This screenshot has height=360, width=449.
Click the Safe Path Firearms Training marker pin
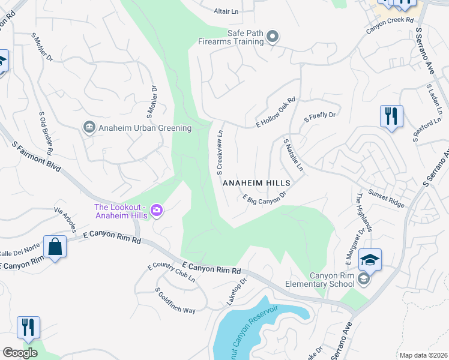(273, 37)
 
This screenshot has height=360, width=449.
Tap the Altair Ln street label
(226, 11)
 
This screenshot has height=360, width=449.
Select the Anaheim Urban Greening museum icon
(89, 127)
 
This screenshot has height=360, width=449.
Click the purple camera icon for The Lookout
(157, 209)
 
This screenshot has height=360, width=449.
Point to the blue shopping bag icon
(55, 247)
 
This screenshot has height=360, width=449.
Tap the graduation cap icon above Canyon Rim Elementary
(370, 260)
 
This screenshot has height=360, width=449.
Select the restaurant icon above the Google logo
(28, 328)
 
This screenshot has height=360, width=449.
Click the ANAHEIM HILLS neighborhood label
(256, 183)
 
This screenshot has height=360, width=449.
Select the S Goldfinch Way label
(175, 301)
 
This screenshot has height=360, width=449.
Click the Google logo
(20, 353)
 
